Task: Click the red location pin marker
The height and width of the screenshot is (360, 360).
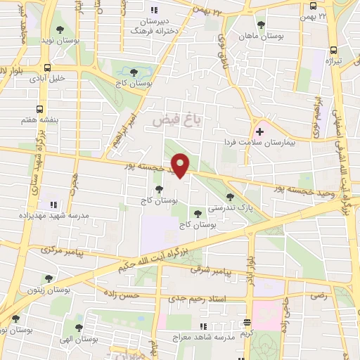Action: tap(181, 165)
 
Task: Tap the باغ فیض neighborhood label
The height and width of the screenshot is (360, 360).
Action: tap(178, 121)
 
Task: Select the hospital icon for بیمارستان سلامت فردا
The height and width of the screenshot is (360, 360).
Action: tap(261, 130)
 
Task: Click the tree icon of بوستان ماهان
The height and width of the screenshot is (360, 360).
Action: tap(261, 25)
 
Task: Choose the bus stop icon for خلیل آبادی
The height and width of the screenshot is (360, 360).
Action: tap(47, 68)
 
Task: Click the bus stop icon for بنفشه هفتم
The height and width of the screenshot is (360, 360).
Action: tap(39, 109)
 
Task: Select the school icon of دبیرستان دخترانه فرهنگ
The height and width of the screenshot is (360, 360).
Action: tap(154, 10)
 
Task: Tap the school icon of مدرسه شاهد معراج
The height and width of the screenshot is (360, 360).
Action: tap(203, 326)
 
